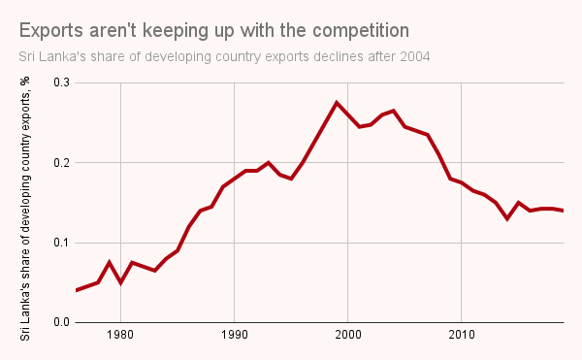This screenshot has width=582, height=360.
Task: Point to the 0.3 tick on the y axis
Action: point(61,83)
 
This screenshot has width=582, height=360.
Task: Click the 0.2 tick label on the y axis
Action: point(61,163)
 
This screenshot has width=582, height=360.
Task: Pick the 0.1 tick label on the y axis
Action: point(61,243)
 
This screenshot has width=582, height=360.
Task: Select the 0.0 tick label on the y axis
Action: point(61,322)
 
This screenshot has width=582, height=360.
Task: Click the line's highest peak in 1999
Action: point(337,103)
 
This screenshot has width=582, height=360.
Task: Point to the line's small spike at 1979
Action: point(110,262)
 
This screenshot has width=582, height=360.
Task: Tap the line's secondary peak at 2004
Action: point(393,111)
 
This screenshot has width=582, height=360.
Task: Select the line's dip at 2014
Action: point(506,218)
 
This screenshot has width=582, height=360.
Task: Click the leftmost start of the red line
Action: point(76,290)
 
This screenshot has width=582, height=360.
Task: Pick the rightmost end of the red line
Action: point(563,211)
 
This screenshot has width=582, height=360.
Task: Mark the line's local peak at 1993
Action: point(268,162)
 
